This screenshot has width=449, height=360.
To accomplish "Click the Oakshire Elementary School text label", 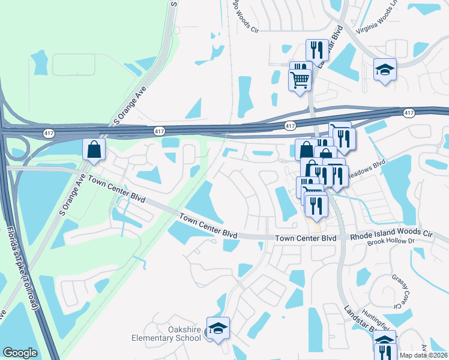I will pos(166,334).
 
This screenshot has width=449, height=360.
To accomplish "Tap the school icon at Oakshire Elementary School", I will pos(218,328).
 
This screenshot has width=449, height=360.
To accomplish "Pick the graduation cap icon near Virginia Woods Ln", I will pos(385,70).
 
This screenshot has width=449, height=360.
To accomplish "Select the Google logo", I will pos(20,353).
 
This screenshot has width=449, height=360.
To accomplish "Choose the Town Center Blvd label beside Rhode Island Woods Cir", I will pos(306,238).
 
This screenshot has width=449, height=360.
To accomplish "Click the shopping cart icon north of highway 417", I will pos(300,79).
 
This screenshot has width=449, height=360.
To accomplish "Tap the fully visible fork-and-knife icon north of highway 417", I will pos(316,50).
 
